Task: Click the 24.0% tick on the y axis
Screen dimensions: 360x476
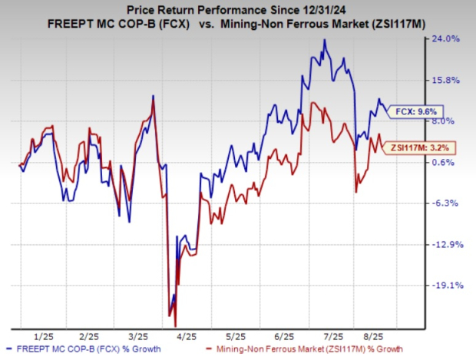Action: (446, 38)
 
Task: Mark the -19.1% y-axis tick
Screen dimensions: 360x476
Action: (446, 285)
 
